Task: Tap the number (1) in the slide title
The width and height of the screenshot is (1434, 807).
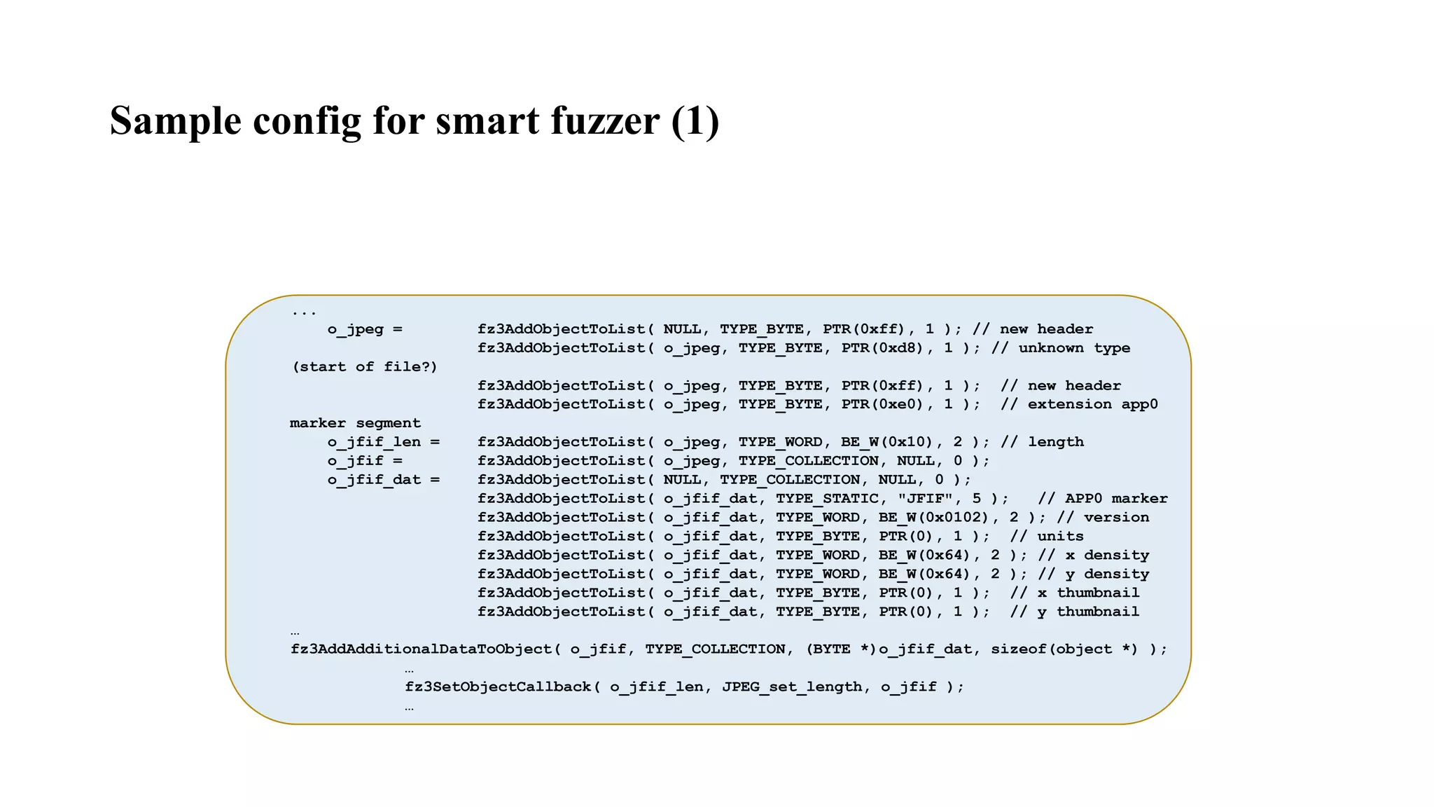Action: point(695,120)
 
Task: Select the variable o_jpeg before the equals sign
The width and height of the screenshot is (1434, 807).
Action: point(355,329)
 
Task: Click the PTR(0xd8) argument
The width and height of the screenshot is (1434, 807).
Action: point(887,348)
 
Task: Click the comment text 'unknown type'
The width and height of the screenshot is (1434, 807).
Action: point(1074,348)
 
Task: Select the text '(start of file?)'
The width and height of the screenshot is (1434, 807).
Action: point(364,367)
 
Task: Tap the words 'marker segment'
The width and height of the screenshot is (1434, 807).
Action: point(355,423)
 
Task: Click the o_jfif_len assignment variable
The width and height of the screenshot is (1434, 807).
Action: point(374,442)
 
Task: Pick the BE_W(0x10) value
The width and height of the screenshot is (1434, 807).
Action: point(887,442)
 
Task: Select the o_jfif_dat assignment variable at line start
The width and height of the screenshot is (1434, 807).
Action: point(374,480)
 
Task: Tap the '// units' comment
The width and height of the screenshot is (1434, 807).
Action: point(1047,537)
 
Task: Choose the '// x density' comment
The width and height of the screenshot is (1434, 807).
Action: point(1093,556)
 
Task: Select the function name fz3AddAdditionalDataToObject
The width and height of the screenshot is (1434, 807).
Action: point(421,649)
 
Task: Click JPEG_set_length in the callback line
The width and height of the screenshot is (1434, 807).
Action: point(792,687)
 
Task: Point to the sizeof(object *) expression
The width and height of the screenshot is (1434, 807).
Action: point(1064,649)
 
